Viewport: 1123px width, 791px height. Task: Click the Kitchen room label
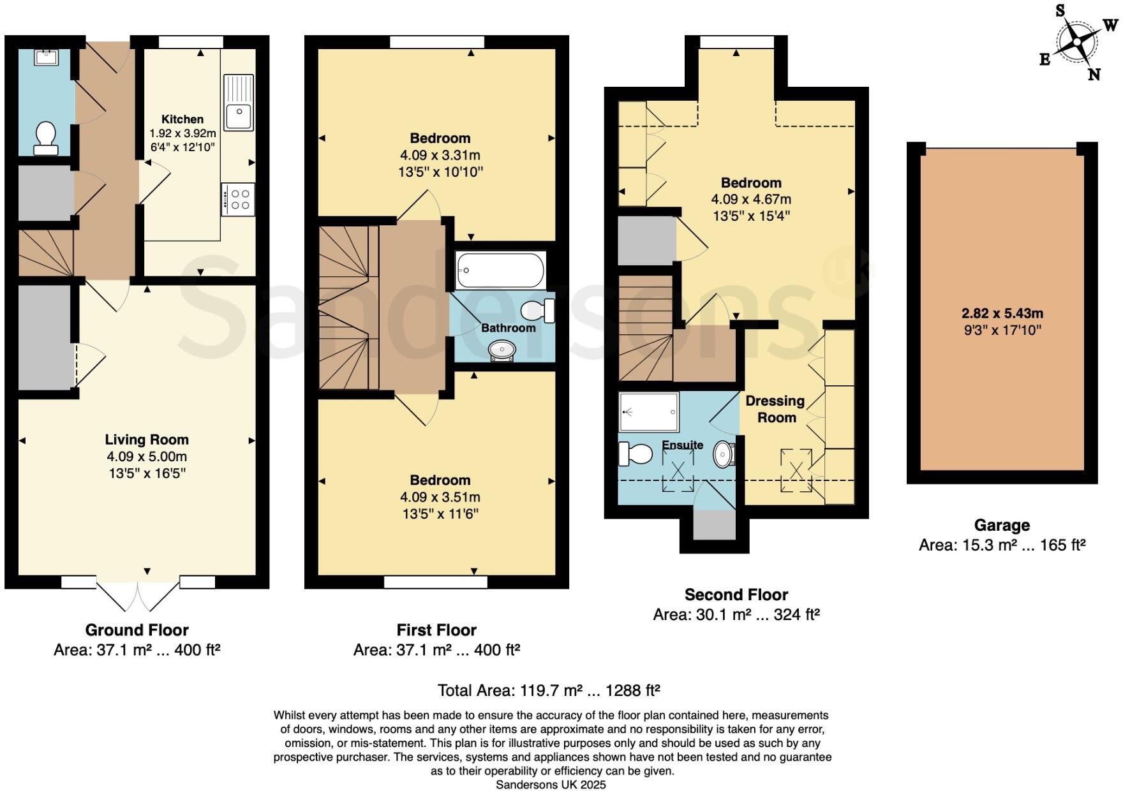[182, 119]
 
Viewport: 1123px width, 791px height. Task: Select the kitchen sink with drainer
[239, 102]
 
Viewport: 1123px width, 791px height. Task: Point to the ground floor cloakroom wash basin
[47, 57]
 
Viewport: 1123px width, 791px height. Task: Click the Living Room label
[147, 440]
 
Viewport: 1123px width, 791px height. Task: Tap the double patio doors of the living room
[137, 595]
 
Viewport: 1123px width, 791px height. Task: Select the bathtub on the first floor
[500, 270]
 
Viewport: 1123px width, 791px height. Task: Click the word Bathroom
[509, 328]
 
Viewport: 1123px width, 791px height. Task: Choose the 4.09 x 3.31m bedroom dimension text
[440, 155]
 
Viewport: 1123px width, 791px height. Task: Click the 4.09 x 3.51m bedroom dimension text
[440, 497]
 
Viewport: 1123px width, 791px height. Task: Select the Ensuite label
[683, 445]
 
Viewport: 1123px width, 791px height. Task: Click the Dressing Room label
[776, 409]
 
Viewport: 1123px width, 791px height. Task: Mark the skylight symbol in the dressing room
[796, 471]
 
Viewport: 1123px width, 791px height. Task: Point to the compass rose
[1077, 43]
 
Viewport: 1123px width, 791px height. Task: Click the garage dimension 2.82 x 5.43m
[1002, 313]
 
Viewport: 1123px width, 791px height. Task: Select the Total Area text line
[549, 690]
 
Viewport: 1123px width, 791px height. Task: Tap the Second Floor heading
[736, 595]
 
